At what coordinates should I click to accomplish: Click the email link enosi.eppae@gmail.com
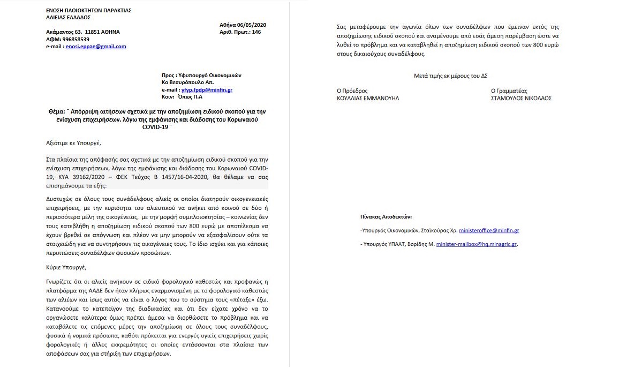96,47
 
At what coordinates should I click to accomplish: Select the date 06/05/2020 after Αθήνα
255,25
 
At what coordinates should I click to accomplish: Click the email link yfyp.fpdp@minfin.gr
207,89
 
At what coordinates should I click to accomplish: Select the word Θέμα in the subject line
57,112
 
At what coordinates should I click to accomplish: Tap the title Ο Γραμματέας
509,91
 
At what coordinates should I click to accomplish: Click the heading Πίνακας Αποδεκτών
387,217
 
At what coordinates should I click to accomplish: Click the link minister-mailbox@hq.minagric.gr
477,244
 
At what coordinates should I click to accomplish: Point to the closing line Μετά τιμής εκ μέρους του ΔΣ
450,76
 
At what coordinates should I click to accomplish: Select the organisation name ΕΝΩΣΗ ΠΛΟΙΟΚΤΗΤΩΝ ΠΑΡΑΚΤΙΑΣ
89,10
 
